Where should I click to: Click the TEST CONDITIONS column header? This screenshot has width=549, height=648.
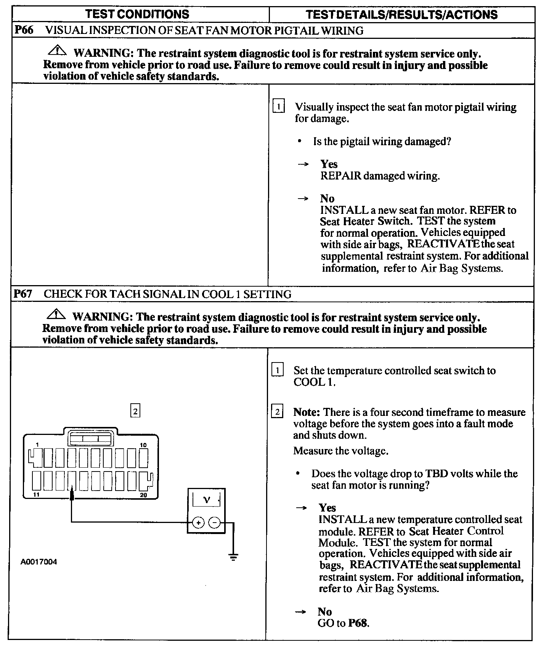tap(137, 14)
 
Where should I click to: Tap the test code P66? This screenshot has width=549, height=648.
tap(24, 30)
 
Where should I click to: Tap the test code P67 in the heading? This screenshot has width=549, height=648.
tap(23, 294)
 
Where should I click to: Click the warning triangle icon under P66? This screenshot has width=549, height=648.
tap(57, 50)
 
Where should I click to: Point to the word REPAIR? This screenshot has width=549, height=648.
tap(340, 176)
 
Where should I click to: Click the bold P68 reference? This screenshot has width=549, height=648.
tap(358, 623)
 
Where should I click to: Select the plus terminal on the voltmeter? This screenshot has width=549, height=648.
tap(198, 522)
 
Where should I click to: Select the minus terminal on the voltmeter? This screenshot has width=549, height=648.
tap(215, 522)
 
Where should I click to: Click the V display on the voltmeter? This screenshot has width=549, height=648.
tap(206, 499)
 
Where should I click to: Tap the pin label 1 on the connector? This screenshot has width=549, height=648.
tap(37, 444)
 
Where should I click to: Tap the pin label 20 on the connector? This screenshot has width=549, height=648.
tap(143, 495)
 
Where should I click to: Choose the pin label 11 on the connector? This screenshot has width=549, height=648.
tap(36, 495)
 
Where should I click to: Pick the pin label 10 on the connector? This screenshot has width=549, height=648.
tap(143, 445)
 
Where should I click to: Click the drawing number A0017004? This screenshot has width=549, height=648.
tap(39, 562)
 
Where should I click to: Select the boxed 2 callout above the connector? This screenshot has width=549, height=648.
tap(135, 411)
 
